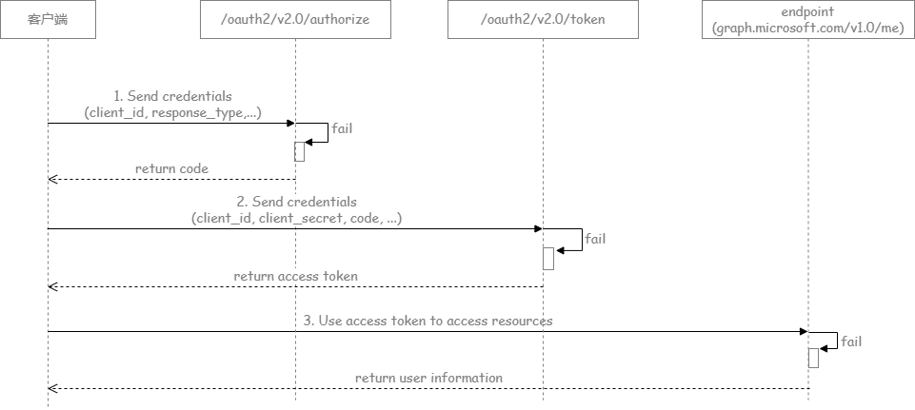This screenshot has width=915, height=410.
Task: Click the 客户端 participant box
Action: point(49,20)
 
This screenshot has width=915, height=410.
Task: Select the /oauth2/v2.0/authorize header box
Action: point(296,20)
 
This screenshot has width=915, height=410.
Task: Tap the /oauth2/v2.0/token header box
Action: point(543,20)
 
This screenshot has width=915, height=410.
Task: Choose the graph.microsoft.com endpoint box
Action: point(807,20)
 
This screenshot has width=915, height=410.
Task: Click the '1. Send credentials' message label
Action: point(172,97)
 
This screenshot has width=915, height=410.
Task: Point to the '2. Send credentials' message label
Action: point(296,202)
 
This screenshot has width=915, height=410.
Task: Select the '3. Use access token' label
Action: point(428,321)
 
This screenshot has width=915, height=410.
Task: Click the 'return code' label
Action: point(171,168)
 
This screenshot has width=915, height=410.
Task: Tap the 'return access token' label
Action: point(296,276)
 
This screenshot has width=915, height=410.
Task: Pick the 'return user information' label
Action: point(428,378)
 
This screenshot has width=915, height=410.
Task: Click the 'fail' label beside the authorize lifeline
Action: point(342,127)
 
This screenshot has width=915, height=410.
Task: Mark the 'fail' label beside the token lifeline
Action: point(594,239)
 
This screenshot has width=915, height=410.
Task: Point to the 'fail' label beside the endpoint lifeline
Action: point(851,342)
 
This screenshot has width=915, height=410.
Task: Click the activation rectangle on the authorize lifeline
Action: point(299,151)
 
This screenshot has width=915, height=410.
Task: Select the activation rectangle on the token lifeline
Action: point(547,258)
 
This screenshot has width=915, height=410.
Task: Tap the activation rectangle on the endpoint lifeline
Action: point(813,358)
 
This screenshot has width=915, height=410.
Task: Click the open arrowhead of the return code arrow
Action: point(53,179)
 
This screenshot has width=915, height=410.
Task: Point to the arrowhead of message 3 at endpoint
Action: point(803,332)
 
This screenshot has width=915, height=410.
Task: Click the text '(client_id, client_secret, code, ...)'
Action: point(296,218)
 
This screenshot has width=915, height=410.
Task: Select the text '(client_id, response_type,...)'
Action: point(172,113)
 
